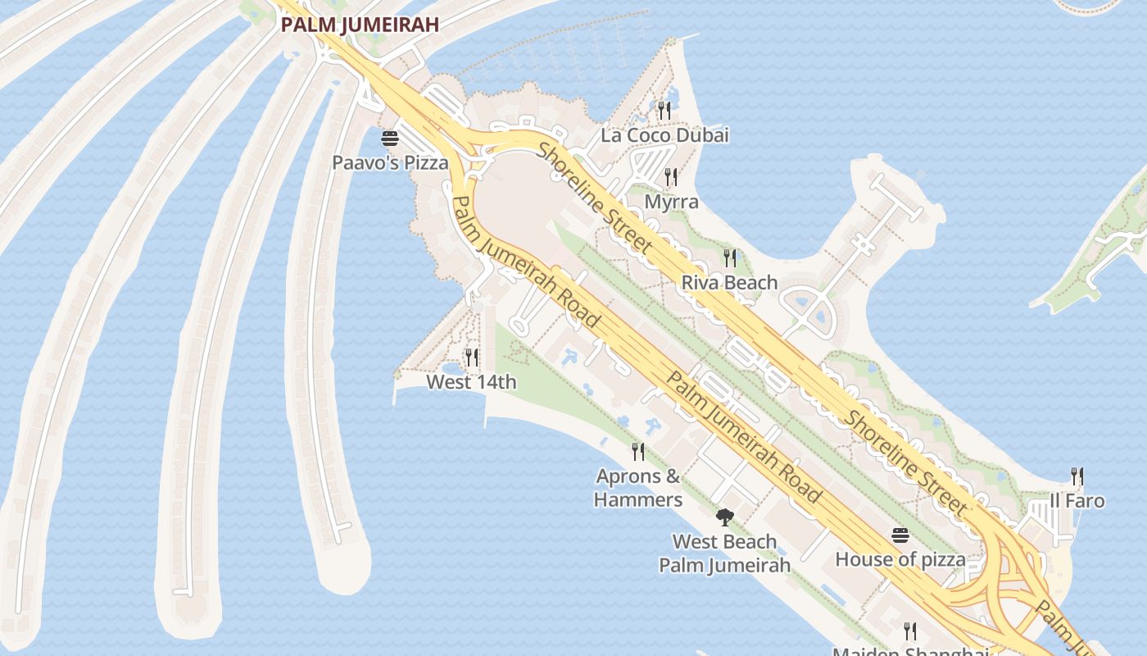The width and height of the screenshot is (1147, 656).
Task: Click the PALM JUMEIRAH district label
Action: [x=360, y=25]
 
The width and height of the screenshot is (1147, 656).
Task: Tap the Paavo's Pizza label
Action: [x=390, y=162]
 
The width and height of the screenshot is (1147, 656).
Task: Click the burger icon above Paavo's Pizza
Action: [x=390, y=138]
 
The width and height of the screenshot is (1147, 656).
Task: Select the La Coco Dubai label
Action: [x=664, y=135]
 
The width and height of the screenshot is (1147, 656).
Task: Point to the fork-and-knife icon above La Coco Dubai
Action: [x=664, y=110]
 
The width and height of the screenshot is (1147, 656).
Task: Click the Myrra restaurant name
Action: [x=671, y=202]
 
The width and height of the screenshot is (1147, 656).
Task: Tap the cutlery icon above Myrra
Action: [x=671, y=176]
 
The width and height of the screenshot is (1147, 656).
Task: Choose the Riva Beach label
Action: [x=729, y=283]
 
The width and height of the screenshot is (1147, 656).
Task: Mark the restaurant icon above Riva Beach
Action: [x=729, y=258]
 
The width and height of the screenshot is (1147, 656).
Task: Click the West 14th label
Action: [x=471, y=382]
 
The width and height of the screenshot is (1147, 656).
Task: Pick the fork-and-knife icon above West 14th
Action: [x=471, y=357]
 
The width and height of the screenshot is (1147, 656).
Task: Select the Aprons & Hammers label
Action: [x=638, y=488]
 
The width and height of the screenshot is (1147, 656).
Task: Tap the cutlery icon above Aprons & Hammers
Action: [x=638, y=451]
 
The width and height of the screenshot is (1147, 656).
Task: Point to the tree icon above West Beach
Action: [x=724, y=517]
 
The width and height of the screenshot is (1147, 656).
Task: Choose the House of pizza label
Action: [x=900, y=560]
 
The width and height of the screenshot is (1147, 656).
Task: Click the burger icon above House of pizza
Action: [x=900, y=535]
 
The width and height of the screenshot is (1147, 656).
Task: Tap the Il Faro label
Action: [x=1077, y=501]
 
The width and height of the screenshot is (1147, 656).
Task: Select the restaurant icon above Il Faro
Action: [x=1077, y=476]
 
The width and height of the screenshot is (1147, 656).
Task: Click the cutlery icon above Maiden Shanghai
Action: [x=910, y=631]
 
